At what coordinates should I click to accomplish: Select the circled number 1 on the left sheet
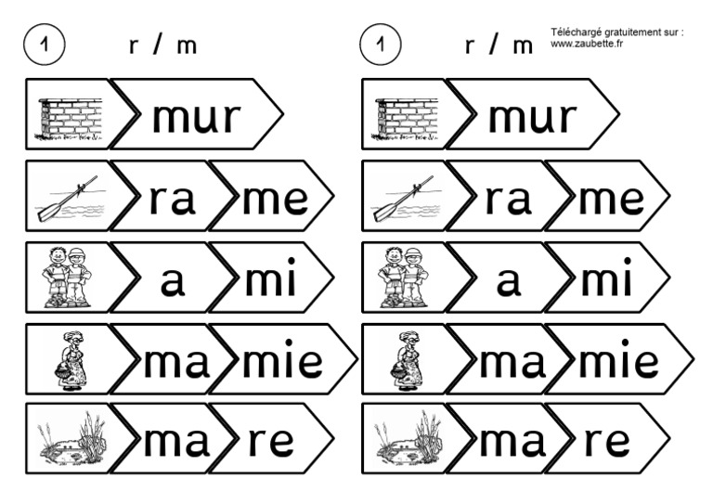click(45, 45)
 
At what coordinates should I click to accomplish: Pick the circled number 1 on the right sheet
click(380, 45)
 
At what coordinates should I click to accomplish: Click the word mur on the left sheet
click(196, 117)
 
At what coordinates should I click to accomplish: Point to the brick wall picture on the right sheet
click(407, 117)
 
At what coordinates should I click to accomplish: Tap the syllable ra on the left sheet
click(172, 199)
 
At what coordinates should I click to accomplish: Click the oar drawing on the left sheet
click(70, 199)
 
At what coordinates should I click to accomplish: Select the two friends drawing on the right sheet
click(405, 278)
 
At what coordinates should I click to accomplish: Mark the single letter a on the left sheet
click(173, 281)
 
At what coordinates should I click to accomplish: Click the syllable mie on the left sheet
click(282, 360)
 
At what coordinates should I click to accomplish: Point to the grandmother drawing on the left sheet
click(71, 359)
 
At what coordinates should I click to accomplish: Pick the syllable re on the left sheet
click(270, 442)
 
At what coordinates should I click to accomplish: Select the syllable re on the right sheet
click(606, 442)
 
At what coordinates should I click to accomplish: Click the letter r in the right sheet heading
click(470, 46)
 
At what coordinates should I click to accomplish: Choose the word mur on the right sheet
click(532, 117)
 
